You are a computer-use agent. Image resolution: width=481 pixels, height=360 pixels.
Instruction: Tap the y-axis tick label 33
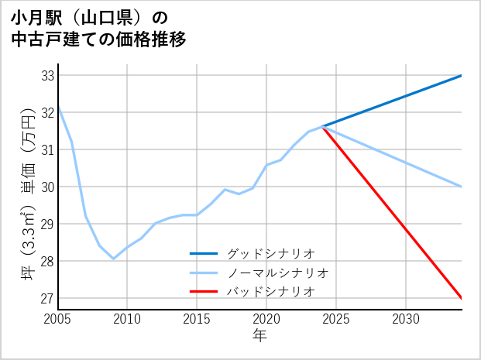tap(46, 76)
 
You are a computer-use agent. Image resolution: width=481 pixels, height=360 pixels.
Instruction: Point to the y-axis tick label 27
tap(46, 299)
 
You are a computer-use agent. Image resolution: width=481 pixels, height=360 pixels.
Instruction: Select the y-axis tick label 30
tap(46, 187)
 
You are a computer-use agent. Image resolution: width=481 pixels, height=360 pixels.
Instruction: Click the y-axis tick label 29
tap(46, 225)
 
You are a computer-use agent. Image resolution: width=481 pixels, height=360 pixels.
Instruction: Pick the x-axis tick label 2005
tap(58, 319)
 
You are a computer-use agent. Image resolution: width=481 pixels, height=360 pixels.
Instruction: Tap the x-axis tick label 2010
tap(128, 319)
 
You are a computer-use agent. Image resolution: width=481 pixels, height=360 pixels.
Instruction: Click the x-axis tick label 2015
tap(198, 319)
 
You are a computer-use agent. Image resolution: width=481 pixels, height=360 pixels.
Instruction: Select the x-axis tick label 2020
tap(267, 319)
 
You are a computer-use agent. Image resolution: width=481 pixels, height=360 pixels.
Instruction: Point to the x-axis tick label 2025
tap(337, 319)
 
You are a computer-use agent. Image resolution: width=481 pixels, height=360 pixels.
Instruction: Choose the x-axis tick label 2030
tap(407, 319)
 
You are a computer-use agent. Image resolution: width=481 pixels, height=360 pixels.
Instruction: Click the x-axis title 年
tap(259, 335)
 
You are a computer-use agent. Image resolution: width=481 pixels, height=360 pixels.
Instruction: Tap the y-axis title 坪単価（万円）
tap(27, 194)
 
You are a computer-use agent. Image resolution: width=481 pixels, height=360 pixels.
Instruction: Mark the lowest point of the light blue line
tap(114, 259)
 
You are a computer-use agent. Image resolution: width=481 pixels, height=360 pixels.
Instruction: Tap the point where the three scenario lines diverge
tap(323, 126)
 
